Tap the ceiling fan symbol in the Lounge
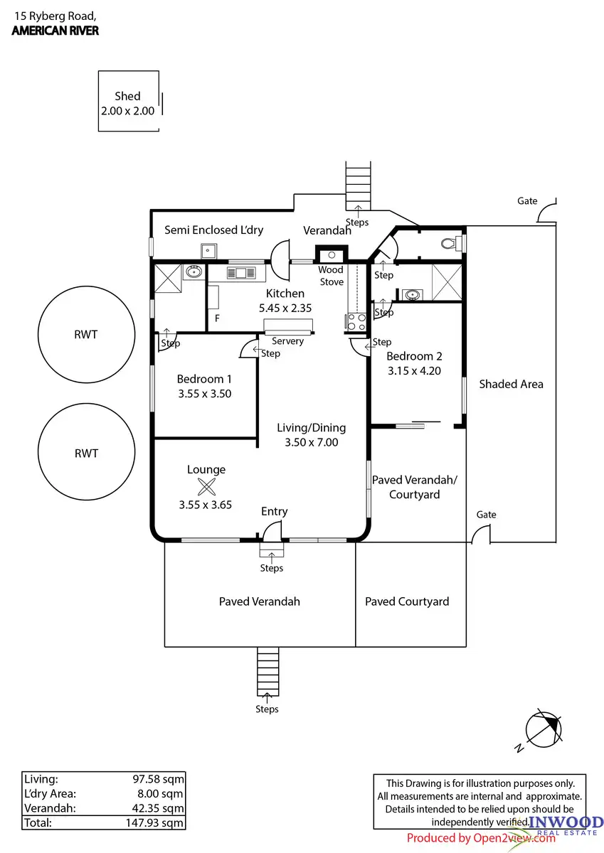click(x=206, y=488)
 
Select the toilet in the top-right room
click(x=449, y=244)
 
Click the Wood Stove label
click(x=331, y=276)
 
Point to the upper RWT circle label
click(x=86, y=334)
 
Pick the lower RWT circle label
click(x=86, y=453)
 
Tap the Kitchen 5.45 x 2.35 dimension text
click(x=285, y=308)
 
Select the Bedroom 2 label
click(x=409, y=356)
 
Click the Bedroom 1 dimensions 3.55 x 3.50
click(x=204, y=393)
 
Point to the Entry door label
click(x=275, y=511)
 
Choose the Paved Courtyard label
click(x=407, y=601)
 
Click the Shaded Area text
click(x=511, y=384)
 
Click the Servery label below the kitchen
click(x=288, y=341)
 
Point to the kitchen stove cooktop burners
click(x=356, y=322)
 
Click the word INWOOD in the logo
click(x=566, y=823)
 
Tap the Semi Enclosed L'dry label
click(x=214, y=230)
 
